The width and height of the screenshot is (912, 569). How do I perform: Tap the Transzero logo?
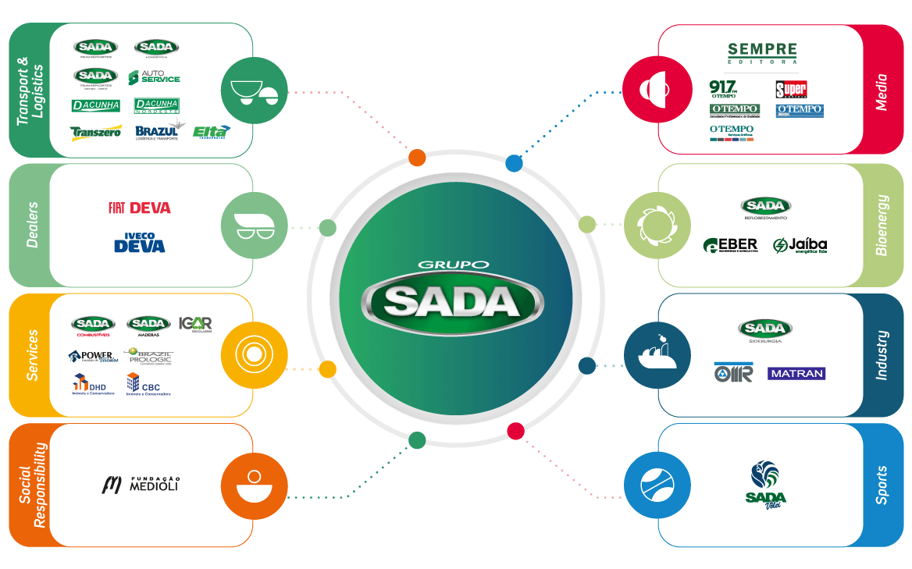[96, 132]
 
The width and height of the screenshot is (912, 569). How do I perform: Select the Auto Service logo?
[155, 77]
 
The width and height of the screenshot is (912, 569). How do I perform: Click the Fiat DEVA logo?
[139, 208]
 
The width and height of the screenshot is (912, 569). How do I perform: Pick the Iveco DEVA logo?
[140, 243]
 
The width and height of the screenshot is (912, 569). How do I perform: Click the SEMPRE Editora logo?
[762, 53]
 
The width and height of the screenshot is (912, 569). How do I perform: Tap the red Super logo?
[791, 88]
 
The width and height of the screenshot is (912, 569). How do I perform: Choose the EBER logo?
[730, 246]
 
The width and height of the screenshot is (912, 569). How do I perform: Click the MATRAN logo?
[796, 374]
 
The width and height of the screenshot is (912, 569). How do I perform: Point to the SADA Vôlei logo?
[765, 484]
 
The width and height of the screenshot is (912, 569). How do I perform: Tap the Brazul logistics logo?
[157, 132]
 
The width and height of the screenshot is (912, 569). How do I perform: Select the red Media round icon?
[656, 87]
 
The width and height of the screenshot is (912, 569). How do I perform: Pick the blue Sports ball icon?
[656, 485]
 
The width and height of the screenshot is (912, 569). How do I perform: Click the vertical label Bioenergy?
[882, 225]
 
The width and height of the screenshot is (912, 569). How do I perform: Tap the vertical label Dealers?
[31, 225]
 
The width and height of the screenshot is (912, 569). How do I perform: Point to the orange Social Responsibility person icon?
[254, 485]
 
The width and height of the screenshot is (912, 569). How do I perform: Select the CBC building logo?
[148, 385]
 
